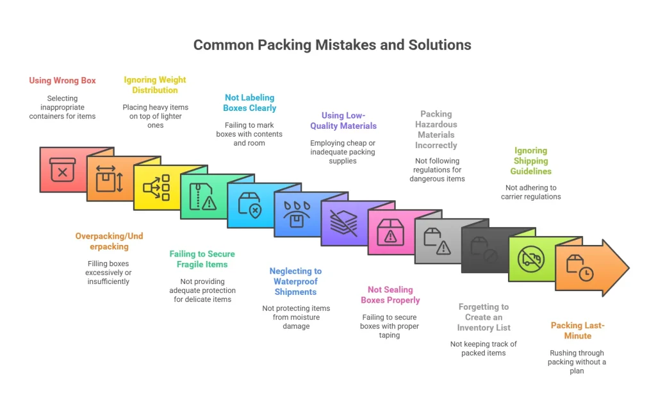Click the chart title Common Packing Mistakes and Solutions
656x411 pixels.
tap(332, 45)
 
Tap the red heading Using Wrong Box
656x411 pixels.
tap(62, 81)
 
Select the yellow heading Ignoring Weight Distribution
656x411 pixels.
tap(155, 85)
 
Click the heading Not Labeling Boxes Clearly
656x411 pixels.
tap(250, 103)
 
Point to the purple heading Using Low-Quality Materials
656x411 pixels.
tap(343, 121)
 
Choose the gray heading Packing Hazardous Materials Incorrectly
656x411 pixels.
tap(436, 130)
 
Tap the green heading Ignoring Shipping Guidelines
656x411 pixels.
tap(530, 161)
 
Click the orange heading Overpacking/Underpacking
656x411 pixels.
tap(109, 241)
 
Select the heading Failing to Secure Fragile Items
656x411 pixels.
tap(202, 259)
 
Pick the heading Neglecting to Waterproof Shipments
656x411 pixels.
tap(295, 281)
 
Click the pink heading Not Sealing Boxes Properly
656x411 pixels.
tap(389, 295)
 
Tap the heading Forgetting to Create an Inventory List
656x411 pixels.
tap(484, 317)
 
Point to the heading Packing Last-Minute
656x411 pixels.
tap(577, 331)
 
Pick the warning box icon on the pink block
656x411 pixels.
tap(390, 233)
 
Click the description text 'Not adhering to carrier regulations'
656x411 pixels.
tap(530, 192)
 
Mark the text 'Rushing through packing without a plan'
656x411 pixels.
tap(577, 362)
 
